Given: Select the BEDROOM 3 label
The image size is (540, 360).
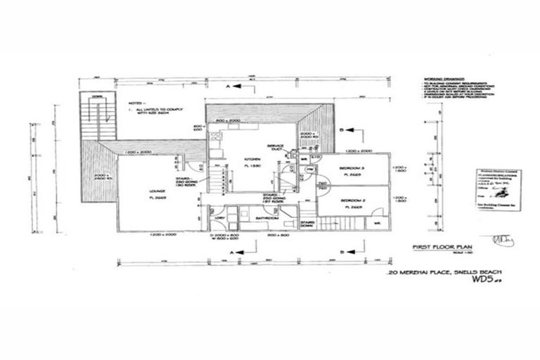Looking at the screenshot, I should [351, 169].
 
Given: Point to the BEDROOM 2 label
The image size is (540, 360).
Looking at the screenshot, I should [352, 200].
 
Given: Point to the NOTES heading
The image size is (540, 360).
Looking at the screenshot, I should [136, 103].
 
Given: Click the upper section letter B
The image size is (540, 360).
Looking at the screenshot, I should [340, 131].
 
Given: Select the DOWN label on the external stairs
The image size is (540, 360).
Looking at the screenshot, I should [96, 97].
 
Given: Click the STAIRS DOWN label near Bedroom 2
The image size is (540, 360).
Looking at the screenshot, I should [307, 224].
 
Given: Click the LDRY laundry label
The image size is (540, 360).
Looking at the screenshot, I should [219, 219].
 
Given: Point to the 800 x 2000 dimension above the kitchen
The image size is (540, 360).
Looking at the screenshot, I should [230, 121].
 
